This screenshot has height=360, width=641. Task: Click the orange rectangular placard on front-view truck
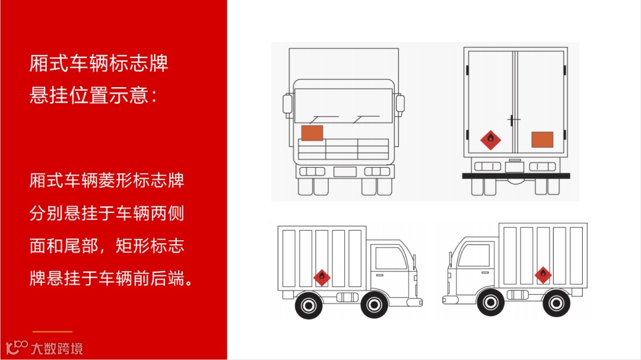(x=312, y=133)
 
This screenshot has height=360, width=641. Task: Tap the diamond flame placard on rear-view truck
(x=490, y=140)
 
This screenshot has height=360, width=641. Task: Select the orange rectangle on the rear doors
(x=542, y=139)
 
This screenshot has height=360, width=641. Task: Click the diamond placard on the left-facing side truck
(x=322, y=277)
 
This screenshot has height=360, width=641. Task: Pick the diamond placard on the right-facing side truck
(x=542, y=275)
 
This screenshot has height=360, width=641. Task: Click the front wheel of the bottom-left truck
(x=374, y=305)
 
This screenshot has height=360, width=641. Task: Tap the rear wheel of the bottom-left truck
(x=308, y=305)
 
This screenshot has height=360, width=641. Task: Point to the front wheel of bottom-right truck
(x=490, y=302)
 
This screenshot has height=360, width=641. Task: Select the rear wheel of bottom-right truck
(x=556, y=303)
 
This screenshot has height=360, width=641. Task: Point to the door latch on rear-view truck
(x=512, y=120)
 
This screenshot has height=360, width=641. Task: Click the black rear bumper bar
(x=516, y=176)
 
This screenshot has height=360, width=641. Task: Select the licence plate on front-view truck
(x=344, y=172)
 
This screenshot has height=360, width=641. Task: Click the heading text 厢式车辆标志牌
(x=99, y=63)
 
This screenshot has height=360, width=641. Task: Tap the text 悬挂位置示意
(x=93, y=95)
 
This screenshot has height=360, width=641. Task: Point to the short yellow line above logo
(x=52, y=332)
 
